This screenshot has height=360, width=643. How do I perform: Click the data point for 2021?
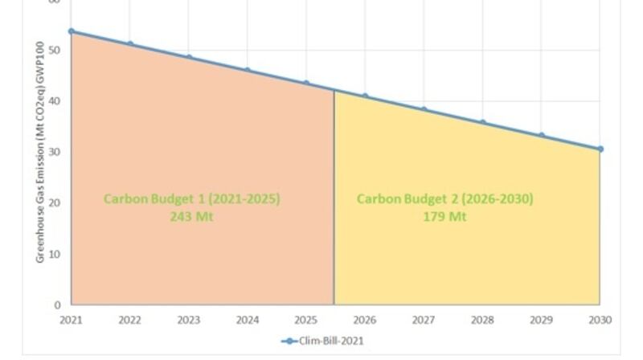[72, 31]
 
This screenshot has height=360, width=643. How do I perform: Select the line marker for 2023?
[189, 57]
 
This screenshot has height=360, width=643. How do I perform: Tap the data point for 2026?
[365, 96]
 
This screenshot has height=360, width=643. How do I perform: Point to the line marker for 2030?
[600, 149]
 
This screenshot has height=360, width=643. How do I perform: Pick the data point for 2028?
[482, 122]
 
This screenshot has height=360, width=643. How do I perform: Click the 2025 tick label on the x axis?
[306, 320]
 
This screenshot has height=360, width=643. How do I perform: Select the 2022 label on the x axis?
[130, 320]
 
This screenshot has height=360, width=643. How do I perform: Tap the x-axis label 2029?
[541, 320]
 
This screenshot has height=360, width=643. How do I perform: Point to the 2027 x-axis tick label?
[424, 320]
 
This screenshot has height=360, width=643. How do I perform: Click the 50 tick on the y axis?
[55, 50]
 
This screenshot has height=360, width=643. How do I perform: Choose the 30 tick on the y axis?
[55, 152]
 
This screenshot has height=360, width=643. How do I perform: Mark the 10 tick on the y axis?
[55, 254]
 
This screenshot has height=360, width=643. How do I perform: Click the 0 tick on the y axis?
[58, 305]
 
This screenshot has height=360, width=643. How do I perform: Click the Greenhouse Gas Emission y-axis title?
[40, 152]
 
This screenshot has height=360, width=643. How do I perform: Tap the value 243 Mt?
[191, 216]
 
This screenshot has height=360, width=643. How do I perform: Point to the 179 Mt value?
[444, 216]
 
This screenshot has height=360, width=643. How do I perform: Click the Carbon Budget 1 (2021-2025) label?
[191, 198]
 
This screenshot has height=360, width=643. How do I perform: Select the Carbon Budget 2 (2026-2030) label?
[444, 198]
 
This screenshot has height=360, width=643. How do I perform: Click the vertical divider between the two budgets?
[334, 201]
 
